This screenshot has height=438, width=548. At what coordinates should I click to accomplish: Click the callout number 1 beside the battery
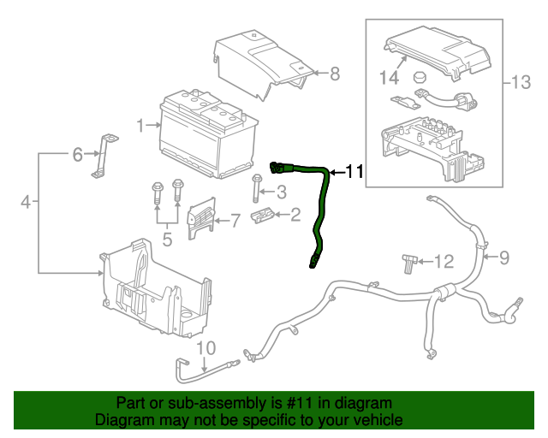point(140,127)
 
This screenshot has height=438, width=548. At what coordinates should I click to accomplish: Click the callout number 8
point(334,74)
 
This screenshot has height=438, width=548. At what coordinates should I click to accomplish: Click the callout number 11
point(354,172)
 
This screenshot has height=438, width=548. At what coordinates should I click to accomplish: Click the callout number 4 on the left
point(26,202)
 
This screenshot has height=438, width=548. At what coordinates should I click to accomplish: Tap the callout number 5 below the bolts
point(167,240)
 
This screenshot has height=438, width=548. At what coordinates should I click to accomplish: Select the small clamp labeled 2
point(263,215)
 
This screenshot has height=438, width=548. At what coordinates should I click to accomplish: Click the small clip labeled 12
point(408,261)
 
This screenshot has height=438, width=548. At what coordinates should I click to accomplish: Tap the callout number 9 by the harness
point(503,256)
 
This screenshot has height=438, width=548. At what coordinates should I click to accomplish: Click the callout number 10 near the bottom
point(206,347)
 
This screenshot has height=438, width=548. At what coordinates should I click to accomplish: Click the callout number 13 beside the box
point(521,83)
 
